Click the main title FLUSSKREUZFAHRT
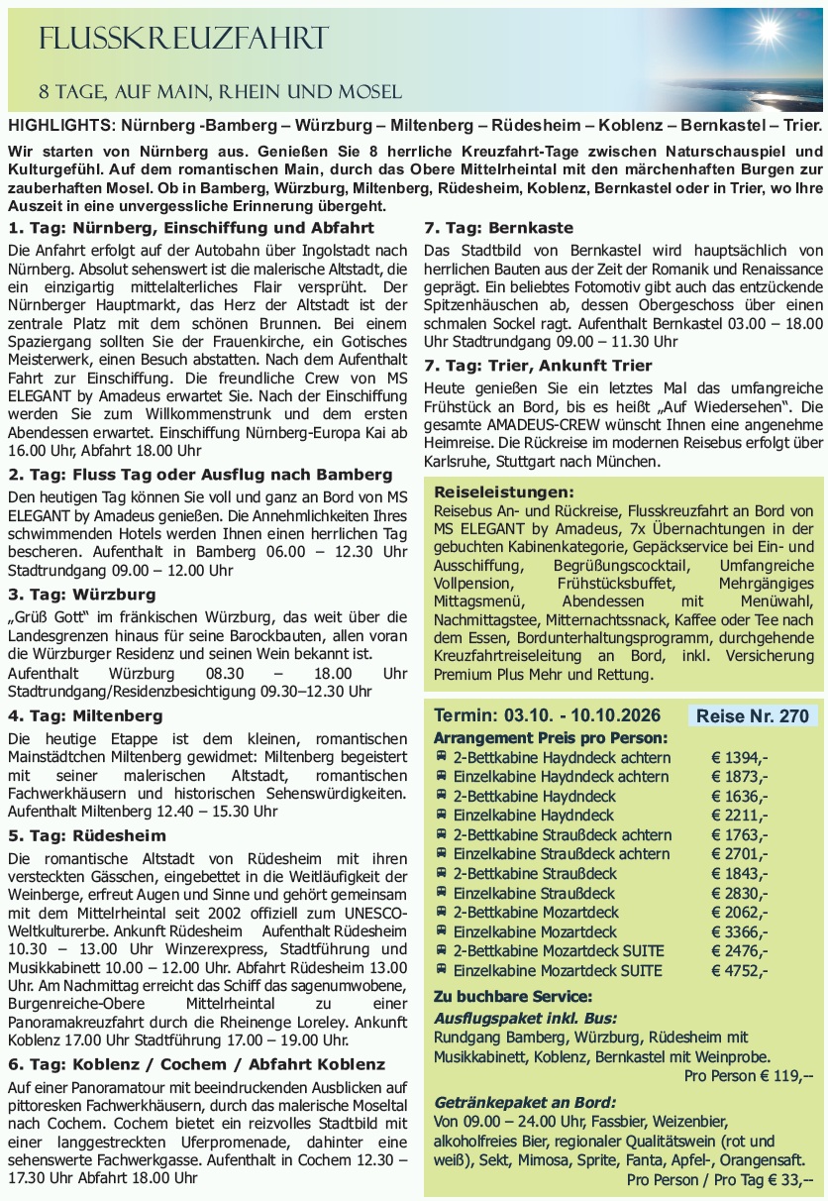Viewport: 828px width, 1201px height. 182,40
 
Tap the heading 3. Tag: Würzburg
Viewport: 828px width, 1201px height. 81,595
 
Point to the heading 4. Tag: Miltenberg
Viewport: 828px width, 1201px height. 85,715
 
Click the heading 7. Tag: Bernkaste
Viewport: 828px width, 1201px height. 498,228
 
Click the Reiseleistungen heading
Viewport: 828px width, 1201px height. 504,491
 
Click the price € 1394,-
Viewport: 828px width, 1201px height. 739,758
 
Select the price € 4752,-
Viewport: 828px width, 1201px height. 739,970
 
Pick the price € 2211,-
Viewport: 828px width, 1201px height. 739,816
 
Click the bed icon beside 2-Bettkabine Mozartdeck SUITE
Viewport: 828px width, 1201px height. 441,951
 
